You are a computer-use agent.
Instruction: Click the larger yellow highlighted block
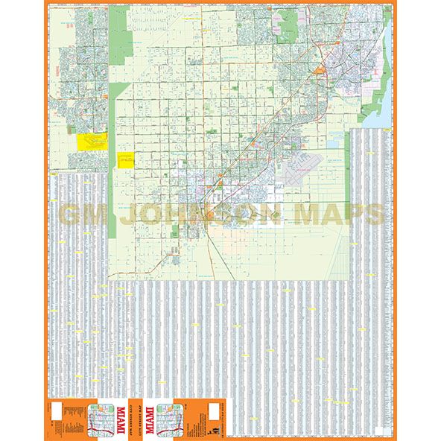[92, 142]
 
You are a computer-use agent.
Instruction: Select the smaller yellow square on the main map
[124, 160]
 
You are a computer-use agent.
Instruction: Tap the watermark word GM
[81, 215]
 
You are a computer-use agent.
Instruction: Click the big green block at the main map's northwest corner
[117, 45]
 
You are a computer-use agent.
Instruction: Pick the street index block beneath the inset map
[78, 283]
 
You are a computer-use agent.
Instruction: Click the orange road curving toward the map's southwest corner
[149, 268]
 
